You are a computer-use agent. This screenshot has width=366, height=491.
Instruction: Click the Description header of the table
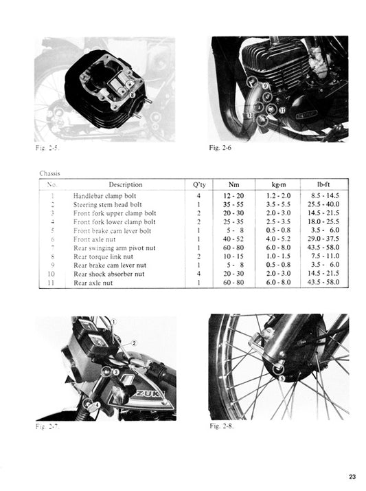tap(126, 184)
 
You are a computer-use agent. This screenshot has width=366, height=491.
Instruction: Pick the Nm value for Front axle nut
tap(236, 239)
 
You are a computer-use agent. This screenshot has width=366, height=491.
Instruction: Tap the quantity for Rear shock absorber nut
tap(198, 273)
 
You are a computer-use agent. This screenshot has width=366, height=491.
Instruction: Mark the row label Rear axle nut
tap(94, 282)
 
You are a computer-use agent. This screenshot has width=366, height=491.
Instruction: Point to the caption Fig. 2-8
tap(221, 426)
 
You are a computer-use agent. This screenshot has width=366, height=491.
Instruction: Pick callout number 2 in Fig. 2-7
tap(134, 342)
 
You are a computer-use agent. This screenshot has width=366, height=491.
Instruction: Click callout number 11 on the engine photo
tap(282, 110)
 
